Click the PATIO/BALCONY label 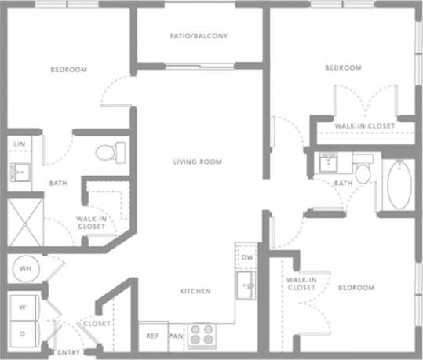click(199, 35)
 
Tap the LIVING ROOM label click(198, 162)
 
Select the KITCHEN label click(195, 291)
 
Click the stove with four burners click(201, 335)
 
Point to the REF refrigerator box click(153, 336)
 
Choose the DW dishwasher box click(246, 257)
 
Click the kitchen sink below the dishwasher click(246, 285)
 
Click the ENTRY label click(68, 352)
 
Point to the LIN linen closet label click(19, 144)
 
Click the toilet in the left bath click(106, 151)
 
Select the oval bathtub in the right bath click(399, 186)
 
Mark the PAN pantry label click(177, 336)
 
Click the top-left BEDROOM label click(68, 71)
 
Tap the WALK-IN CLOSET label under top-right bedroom click(363, 125)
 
